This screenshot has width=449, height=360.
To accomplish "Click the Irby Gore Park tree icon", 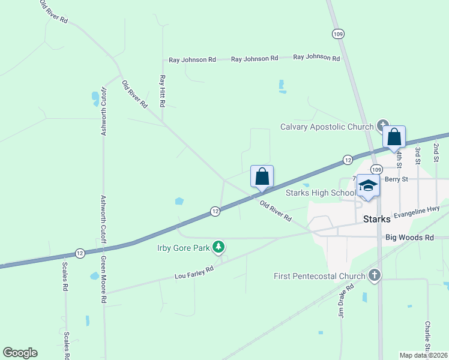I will tap(219, 247).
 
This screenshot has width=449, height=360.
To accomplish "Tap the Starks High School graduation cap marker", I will tap(367, 185).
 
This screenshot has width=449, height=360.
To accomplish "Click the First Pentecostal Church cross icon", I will tap(374, 275).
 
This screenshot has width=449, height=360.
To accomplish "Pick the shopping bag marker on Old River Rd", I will tap(262, 177).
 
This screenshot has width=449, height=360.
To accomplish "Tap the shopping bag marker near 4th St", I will tap(394, 137).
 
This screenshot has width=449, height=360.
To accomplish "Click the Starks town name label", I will tap(377, 219).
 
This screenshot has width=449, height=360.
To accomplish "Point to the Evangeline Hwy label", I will tap(418, 211).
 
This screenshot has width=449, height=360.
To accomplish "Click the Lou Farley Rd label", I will tap(194, 274).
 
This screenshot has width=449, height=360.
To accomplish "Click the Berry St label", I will tap(396, 179).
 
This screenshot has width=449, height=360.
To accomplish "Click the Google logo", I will tap(20, 353).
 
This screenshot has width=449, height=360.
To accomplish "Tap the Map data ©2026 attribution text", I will tap(424, 355).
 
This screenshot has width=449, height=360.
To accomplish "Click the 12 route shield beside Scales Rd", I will tap(80, 253).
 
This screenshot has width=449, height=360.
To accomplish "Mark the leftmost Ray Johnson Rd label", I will tap(192, 60).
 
